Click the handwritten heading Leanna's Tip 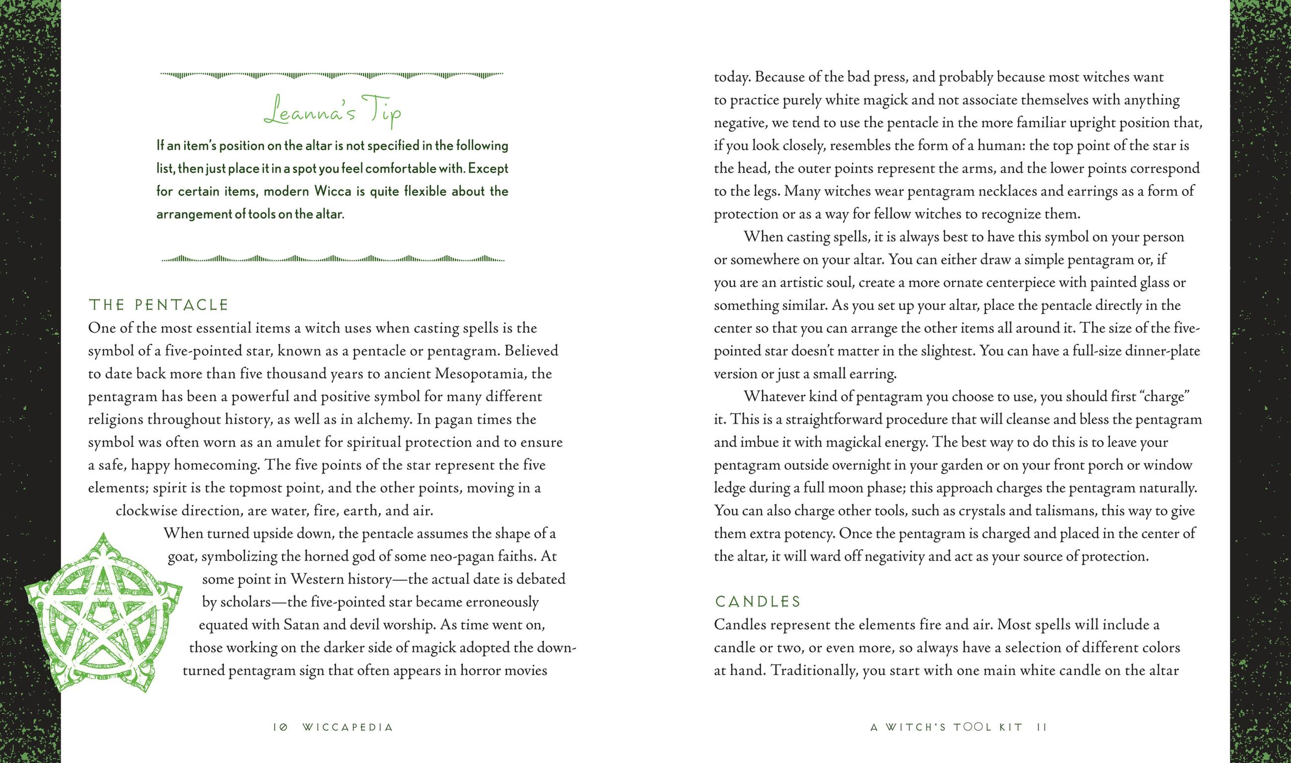click(333, 112)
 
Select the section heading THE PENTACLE click(158, 305)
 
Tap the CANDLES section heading click(758, 602)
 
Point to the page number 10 click(280, 728)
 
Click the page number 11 click(1042, 728)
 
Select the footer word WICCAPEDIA click(348, 728)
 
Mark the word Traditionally click(813, 671)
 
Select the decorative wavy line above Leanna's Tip click(332, 75)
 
